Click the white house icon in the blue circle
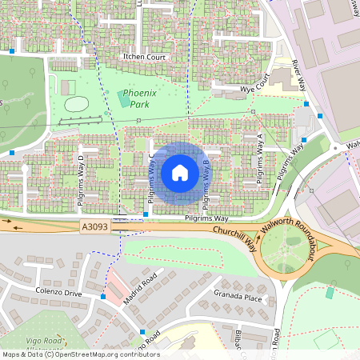point(180,172)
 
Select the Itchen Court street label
point(143,58)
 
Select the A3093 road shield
point(94,228)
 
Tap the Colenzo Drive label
point(58,293)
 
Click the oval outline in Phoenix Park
point(76,104)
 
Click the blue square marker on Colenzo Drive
point(103,297)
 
